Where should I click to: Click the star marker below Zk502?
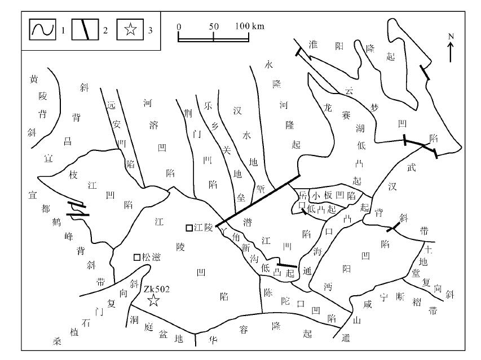click(153, 300)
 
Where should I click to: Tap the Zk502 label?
click(156, 289)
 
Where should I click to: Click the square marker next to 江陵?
click(189, 228)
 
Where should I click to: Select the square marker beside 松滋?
click(137, 257)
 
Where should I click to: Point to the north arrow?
click(451, 52)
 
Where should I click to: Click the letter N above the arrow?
click(451, 37)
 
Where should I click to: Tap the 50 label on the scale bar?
click(214, 26)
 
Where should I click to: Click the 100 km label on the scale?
click(249, 26)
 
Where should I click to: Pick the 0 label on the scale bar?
click(179, 26)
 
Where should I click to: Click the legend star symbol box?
click(130, 29)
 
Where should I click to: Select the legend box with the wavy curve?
click(43, 29)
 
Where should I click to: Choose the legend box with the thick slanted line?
click(85, 29)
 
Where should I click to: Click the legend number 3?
click(151, 30)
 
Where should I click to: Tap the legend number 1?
click(63, 30)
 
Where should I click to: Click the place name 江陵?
click(203, 228)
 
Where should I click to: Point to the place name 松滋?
click(151, 257)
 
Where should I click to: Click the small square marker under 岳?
click(302, 205)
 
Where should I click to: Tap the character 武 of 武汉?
click(412, 167)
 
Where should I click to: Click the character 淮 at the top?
click(313, 45)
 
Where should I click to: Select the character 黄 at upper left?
click(33, 79)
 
